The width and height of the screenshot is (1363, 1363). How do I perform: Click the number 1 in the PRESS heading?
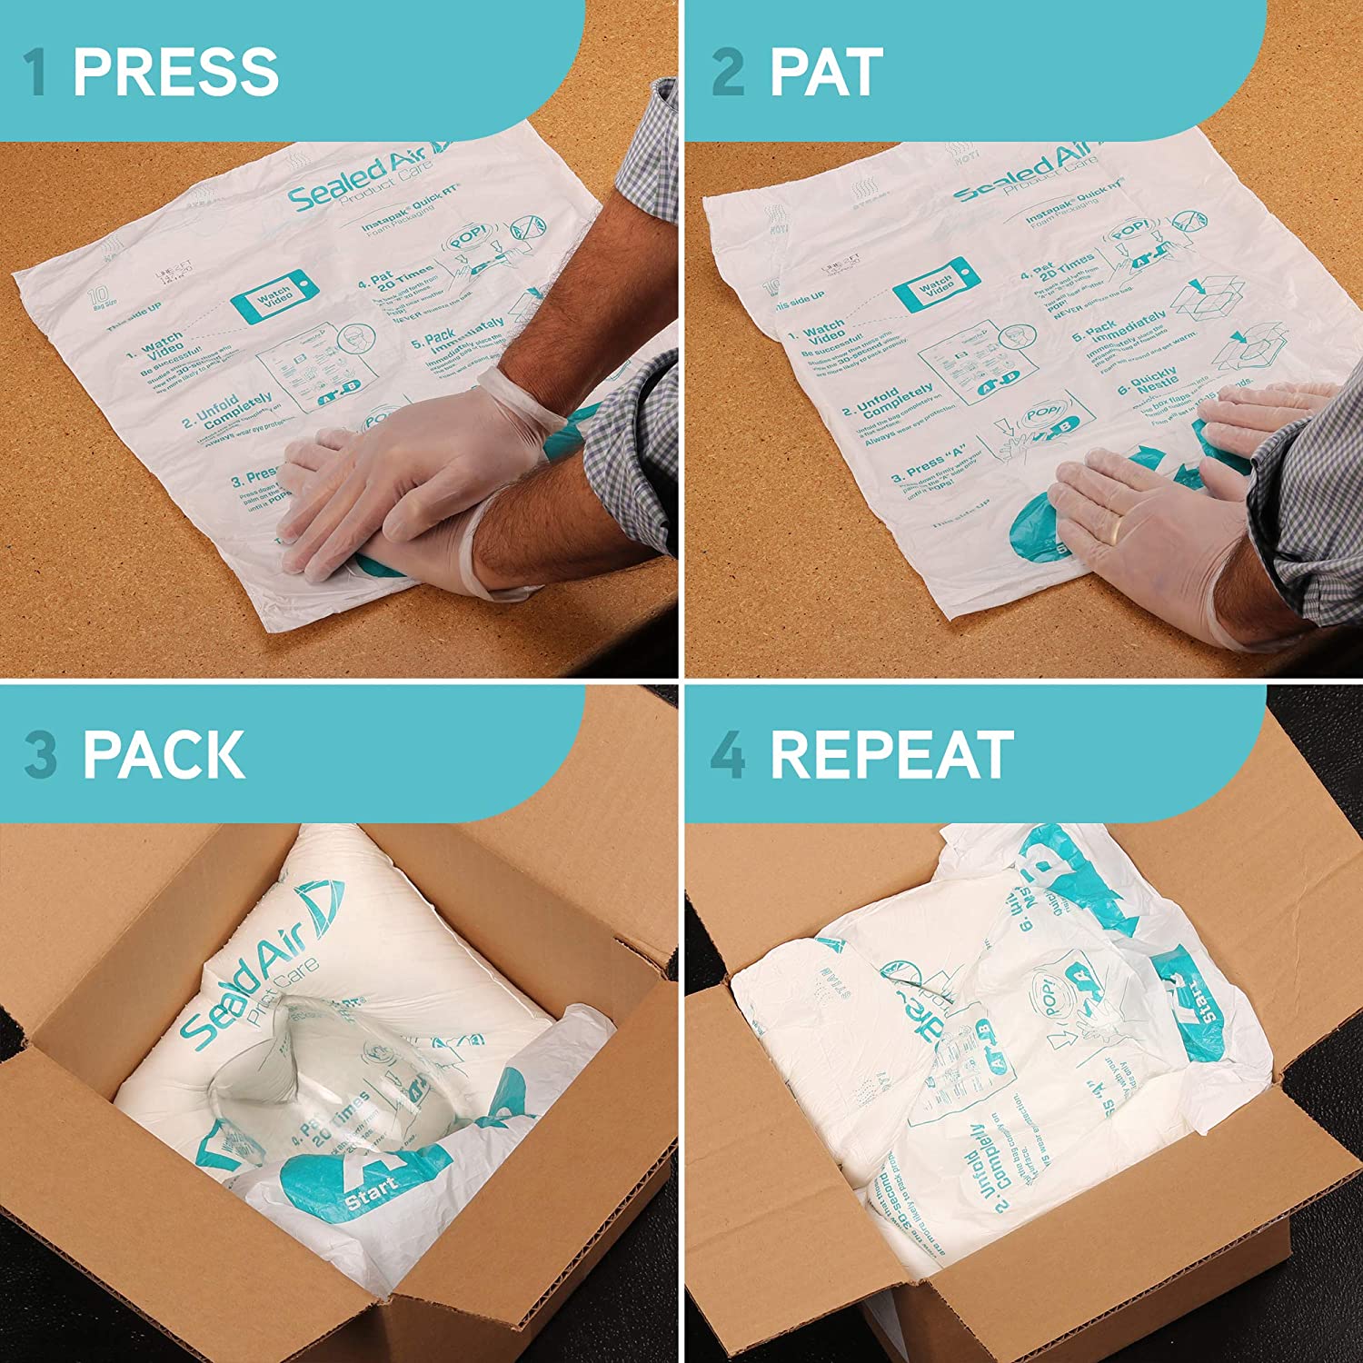click(36, 73)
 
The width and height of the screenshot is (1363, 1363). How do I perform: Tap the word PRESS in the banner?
click(175, 73)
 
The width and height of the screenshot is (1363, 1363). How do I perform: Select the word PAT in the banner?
click(826, 73)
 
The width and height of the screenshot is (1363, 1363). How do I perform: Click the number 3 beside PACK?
click(41, 754)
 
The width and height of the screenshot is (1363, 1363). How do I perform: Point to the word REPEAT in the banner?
click(891, 754)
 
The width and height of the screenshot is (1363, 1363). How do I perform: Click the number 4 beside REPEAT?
click(728, 754)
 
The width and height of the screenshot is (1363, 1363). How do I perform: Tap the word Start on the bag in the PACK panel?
click(371, 1191)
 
